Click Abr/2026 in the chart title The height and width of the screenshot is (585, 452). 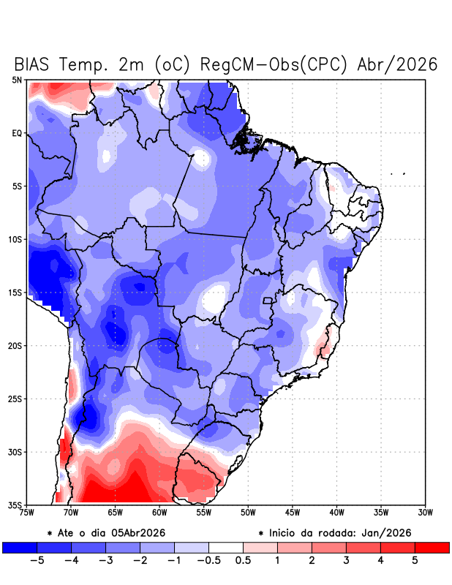point(398,64)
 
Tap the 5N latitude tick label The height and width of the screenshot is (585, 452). point(16,80)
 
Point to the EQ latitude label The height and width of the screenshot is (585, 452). point(16,133)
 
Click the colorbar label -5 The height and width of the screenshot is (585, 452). point(34,561)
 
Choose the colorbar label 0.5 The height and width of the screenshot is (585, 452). point(243,561)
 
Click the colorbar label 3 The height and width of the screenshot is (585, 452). point(346,561)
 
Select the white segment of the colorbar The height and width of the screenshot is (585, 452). point(225,547)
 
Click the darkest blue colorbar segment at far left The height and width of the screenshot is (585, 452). point(19,547)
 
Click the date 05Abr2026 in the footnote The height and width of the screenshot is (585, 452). point(132,533)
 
